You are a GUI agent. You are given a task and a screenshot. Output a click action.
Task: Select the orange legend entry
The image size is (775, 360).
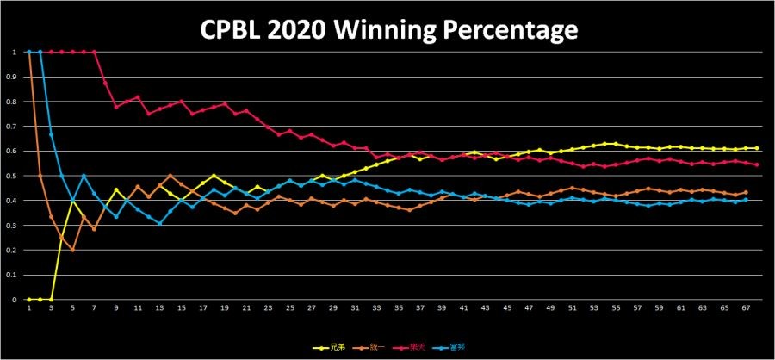point(370,348)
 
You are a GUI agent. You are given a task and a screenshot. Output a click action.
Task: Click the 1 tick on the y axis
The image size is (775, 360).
point(15,52)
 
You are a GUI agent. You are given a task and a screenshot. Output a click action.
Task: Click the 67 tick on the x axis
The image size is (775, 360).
point(746,307)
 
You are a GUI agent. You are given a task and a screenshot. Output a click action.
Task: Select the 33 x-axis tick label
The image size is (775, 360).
point(377,307)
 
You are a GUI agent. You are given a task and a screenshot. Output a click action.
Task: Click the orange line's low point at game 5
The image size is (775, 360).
point(72,251)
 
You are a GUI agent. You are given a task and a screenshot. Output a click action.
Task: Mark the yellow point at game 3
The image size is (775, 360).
point(51,300)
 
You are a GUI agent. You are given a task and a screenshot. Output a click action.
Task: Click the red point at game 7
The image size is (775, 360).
point(94,52)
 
